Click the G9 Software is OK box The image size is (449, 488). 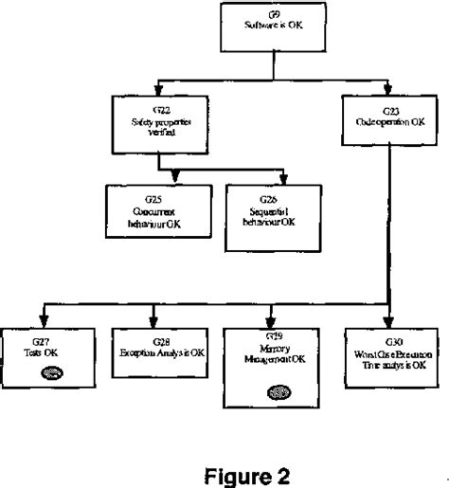point(274,27)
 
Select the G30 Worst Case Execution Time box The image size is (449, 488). point(386,353)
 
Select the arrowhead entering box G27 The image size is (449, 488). point(40,321)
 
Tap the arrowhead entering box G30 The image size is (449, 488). point(386,321)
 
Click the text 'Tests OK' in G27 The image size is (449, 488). point(40,351)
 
